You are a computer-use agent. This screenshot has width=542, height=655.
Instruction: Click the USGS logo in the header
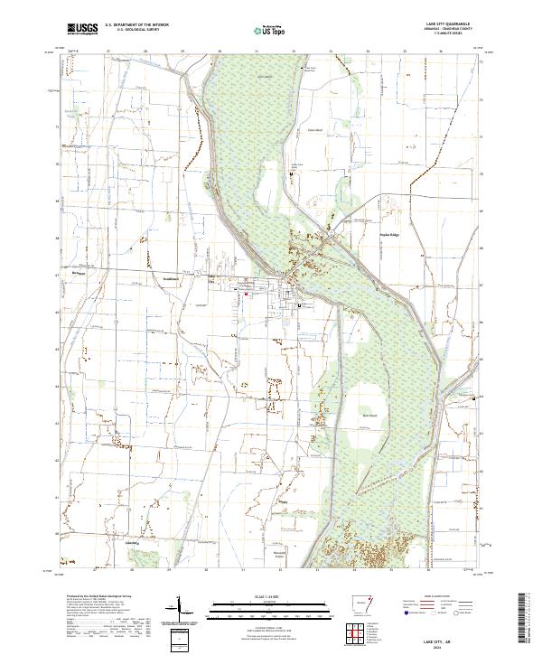click(x=81, y=31)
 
